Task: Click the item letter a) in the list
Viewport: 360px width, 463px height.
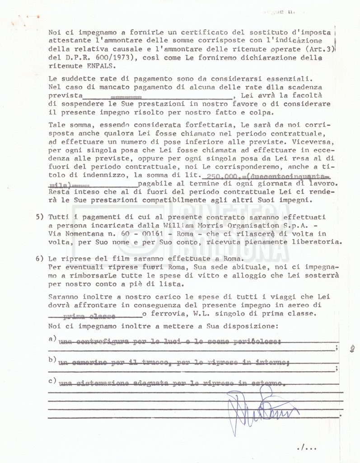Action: click(52, 339)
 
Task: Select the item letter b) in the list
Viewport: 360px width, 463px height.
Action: click(52, 360)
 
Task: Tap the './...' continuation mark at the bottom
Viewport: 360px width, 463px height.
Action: click(307, 448)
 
